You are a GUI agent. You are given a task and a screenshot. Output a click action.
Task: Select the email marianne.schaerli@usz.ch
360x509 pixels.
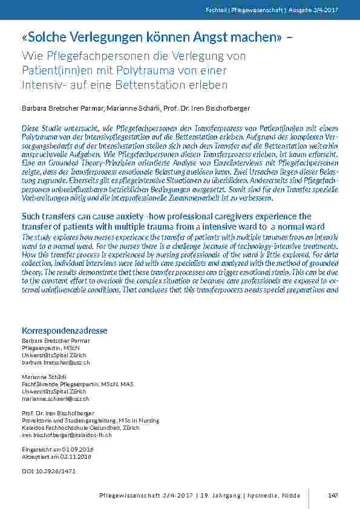pos(55,399)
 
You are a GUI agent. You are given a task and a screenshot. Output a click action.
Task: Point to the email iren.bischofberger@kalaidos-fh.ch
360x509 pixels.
pos(67,435)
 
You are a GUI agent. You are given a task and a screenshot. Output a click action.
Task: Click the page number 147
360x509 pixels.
pos(332,496)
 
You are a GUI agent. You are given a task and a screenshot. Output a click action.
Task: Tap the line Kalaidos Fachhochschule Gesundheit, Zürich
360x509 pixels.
pos(71,428)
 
